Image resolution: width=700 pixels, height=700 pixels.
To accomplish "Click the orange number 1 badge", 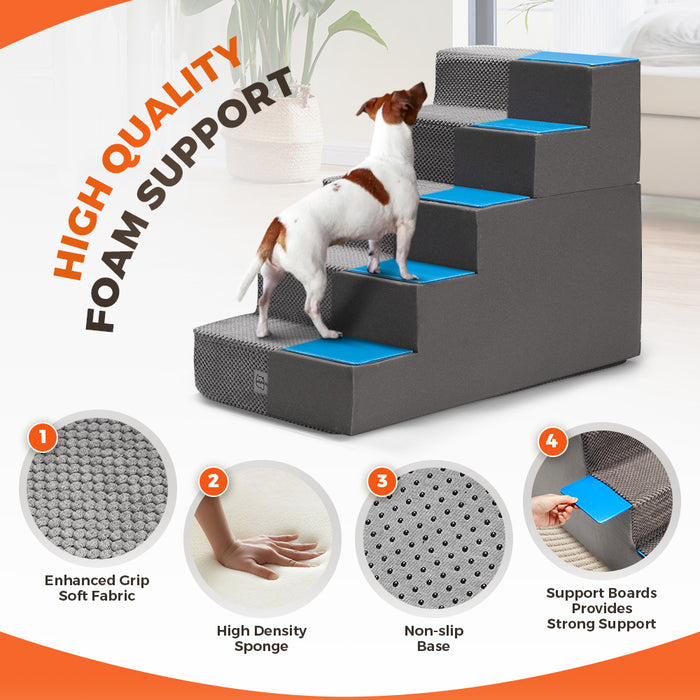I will click(41, 436).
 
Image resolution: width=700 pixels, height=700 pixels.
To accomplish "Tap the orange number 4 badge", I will click(552, 441).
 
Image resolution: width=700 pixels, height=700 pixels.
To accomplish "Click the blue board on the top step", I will click(578, 59).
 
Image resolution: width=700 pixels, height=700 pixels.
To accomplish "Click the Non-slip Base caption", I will click(433, 638).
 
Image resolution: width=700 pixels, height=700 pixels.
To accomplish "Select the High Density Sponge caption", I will click(262, 638).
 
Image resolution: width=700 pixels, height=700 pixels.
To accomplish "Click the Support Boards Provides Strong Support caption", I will click(601, 608).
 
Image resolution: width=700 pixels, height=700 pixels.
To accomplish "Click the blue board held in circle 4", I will click(598, 497).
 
